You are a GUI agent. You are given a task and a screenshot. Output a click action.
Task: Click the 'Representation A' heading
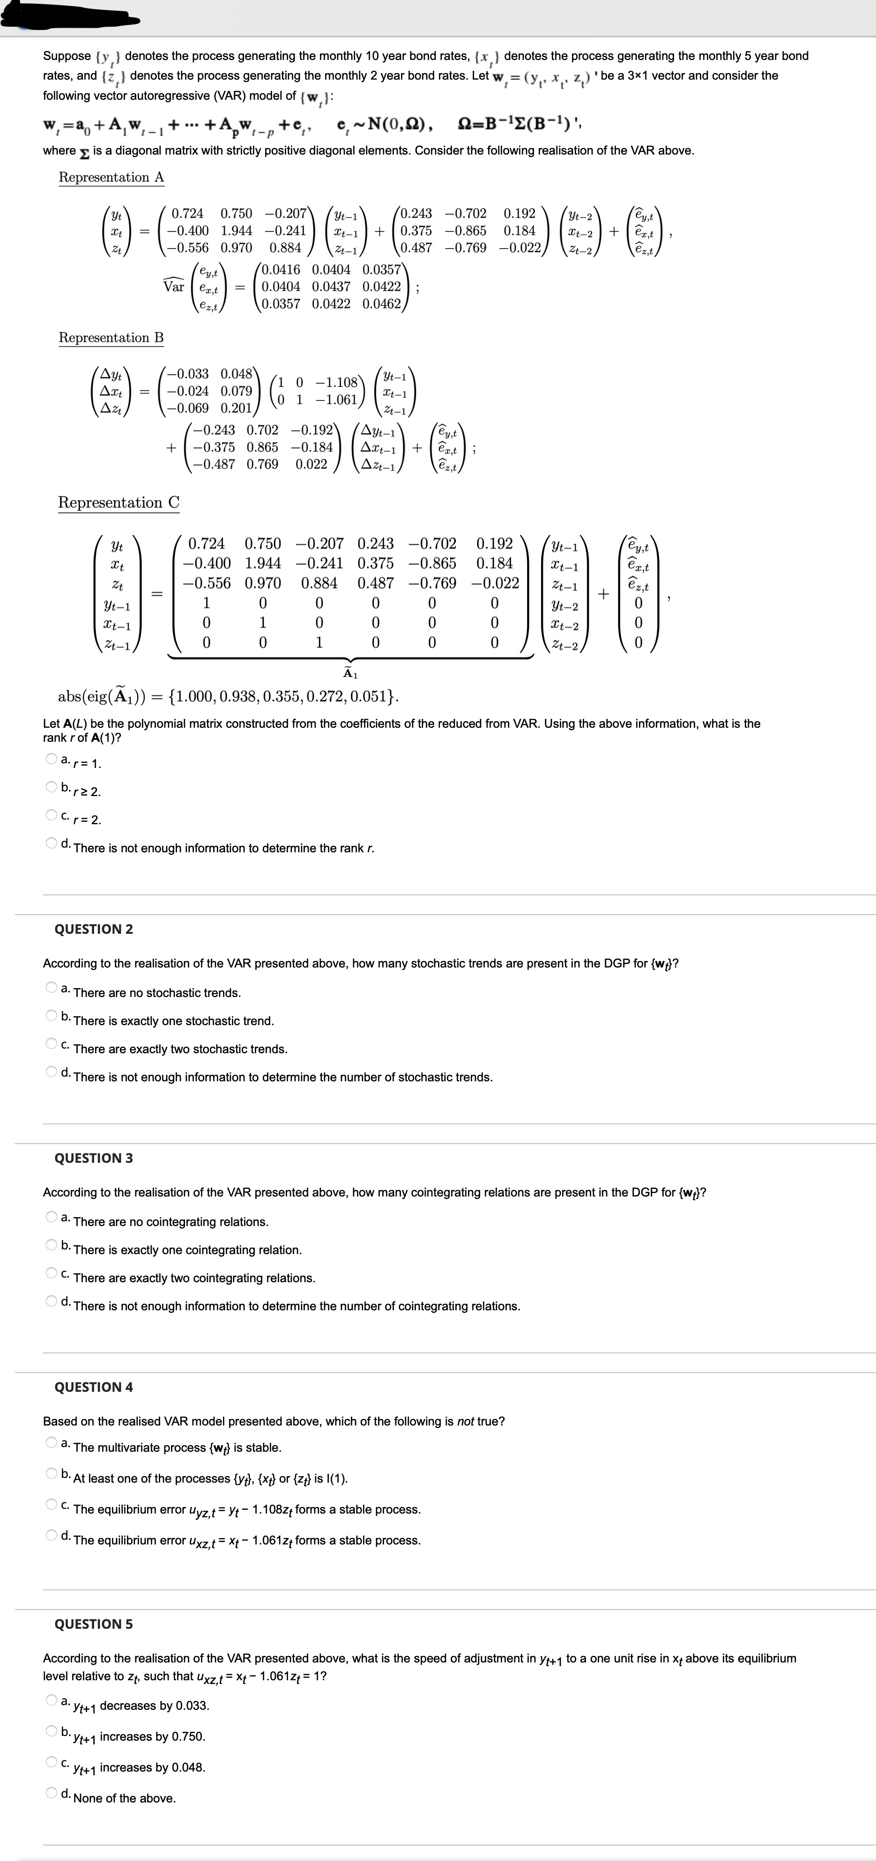[111, 177]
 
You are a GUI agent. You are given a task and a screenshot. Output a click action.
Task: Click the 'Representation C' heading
[119, 502]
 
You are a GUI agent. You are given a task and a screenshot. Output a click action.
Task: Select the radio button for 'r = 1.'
[52, 759]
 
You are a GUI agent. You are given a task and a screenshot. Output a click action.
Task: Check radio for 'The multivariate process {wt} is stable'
[52, 1443]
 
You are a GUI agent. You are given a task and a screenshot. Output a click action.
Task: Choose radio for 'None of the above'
[52, 1793]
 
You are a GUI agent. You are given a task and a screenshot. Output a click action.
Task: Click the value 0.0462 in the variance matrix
[382, 303]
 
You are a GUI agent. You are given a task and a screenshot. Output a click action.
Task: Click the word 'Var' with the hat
[173, 286]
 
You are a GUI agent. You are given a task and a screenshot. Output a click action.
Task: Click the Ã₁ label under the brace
[350, 673]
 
